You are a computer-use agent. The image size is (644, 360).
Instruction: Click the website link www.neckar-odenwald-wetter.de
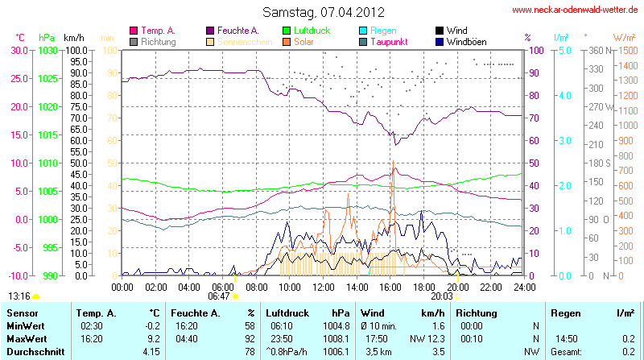coord(575,10)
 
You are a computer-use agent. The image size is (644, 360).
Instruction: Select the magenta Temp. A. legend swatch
coord(134,30)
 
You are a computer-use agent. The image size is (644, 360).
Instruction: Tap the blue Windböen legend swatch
coord(439,41)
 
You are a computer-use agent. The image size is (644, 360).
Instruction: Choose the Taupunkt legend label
coord(392,41)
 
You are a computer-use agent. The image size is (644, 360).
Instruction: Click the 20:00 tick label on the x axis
coord(456,286)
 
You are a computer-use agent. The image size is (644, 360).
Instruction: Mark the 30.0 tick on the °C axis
coord(19,50)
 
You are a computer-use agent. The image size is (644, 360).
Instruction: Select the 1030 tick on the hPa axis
coord(47,50)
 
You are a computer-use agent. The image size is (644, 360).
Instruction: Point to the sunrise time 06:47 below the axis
coord(218,296)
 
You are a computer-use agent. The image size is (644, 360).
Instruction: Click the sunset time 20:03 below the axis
coord(441,296)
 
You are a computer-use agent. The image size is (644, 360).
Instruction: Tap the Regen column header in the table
coord(564,312)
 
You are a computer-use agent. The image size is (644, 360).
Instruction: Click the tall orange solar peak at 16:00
coord(393,163)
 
